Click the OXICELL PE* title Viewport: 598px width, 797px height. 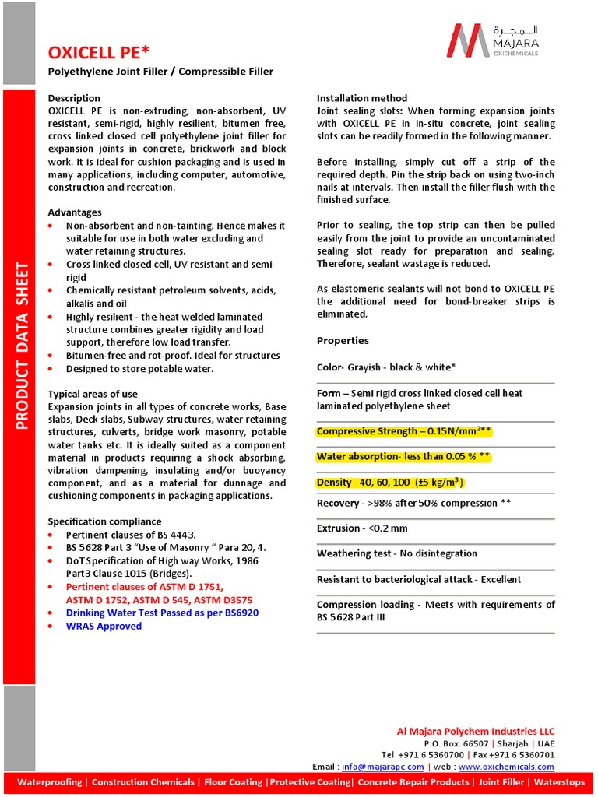point(98,52)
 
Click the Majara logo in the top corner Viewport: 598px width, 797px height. point(493,40)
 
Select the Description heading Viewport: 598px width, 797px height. point(74,98)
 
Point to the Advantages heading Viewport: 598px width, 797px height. point(75,212)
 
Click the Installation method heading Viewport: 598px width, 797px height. point(361,98)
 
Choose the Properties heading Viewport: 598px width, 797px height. point(343,341)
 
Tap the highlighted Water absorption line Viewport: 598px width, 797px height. point(403,456)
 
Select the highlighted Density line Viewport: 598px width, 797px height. point(390,483)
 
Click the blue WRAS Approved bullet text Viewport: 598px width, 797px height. point(104,626)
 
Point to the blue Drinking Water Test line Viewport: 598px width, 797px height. point(162,613)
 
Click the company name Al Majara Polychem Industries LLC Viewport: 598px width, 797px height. point(476,731)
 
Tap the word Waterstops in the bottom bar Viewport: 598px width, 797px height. point(559,782)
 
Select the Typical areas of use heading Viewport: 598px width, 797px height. point(93,394)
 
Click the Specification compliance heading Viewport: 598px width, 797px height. point(104,521)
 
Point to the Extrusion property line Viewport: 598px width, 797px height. point(362,528)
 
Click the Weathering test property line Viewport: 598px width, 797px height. point(396,553)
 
